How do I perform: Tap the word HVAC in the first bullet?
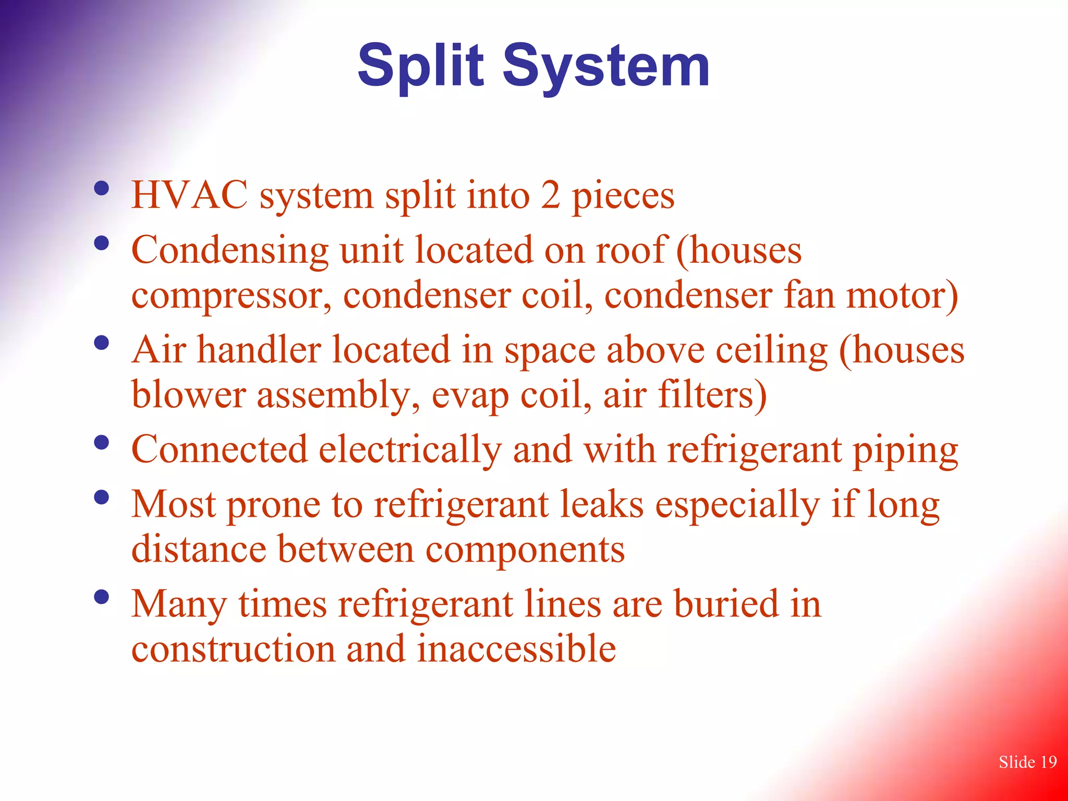189,195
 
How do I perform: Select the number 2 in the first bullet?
550,195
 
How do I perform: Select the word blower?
188,394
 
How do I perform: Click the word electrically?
410,450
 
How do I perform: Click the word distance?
199,549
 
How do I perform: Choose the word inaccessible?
516,649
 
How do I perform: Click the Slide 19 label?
1027,762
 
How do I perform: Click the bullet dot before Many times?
102,596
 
